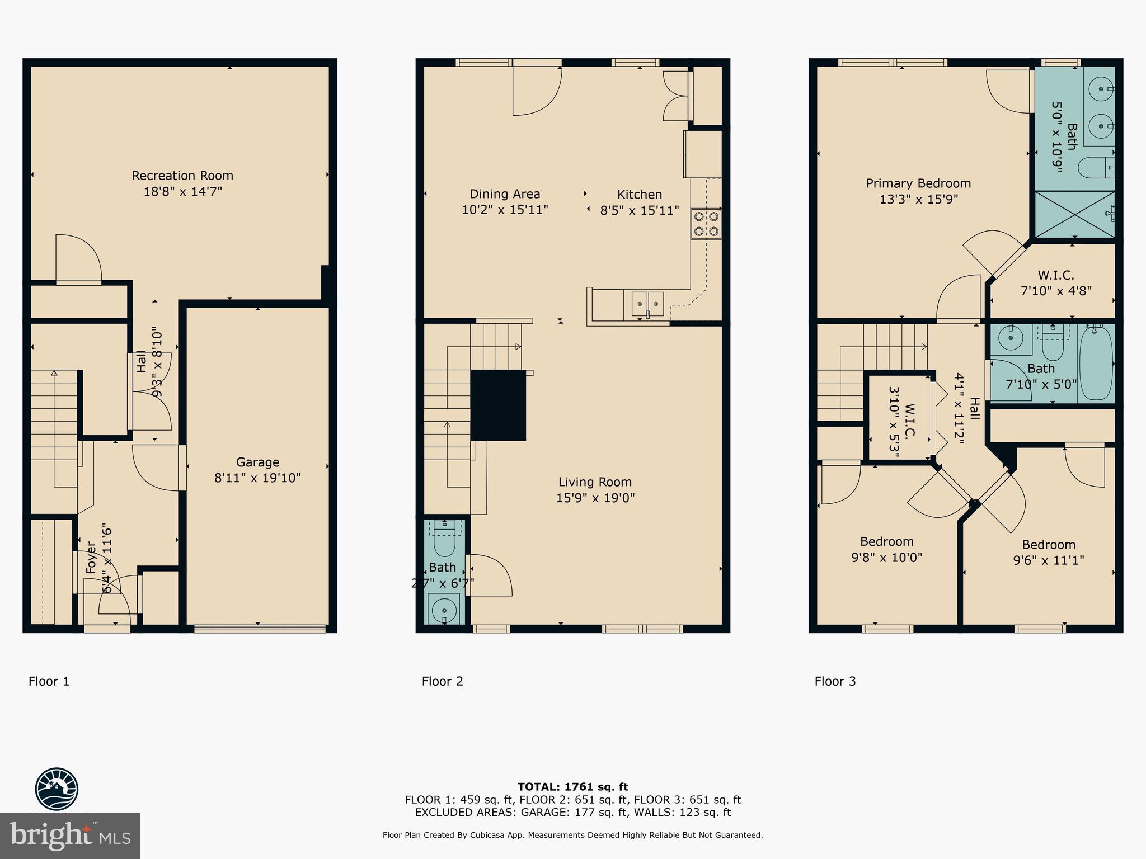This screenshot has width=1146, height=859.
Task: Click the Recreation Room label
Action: pyautogui.click(x=182, y=176)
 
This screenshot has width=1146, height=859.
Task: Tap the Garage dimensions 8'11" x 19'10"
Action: pyautogui.click(x=257, y=478)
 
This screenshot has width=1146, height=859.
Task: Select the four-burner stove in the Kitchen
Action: pyautogui.click(x=706, y=224)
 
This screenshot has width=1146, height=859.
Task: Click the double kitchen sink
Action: pyautogui.click(x=648, y=304)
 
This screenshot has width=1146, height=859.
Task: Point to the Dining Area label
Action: pyautogui.click(x=505, y=194)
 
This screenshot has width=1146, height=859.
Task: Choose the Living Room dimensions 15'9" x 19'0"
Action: pyautogui.click(x=595, y=498)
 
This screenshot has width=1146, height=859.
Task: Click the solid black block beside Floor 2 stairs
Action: pyautogui.click(x=497, y=405)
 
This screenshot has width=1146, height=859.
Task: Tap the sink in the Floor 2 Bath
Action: pyautogui.click(x=444, y=607)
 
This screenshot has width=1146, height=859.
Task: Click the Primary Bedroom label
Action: pyautogui.click(x=918, y=183)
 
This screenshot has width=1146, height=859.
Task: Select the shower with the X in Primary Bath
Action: pyautogui.click(x=1073, y=215)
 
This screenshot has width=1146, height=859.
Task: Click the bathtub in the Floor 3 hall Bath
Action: pyautogui.click(x=1096, y=364)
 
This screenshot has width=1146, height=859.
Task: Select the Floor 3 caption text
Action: pyautogui.click(x=835, y=681)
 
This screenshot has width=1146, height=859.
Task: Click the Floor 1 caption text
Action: pyautogui.click(x=49, y=681)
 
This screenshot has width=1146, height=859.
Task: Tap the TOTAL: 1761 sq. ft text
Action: pyautogui.click(x=572, y=787)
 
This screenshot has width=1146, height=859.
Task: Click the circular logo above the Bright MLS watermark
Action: pyautogui.click(x=57, y=789)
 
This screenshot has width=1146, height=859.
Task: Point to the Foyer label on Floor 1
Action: pyautogui.click(x=91, y=558)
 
